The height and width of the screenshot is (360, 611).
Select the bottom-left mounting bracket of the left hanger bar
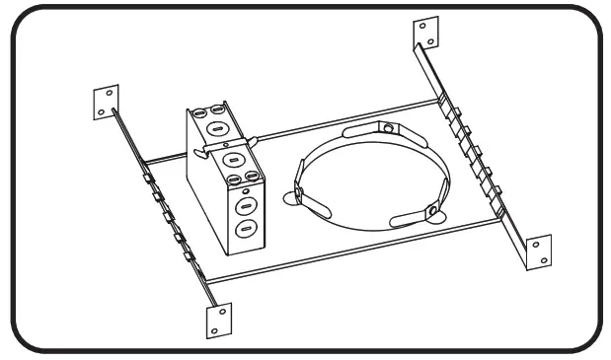tap(218, 318)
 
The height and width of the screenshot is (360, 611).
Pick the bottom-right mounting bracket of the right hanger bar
tap(538, 251)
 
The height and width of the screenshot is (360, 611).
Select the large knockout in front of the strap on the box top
tap(234, 160)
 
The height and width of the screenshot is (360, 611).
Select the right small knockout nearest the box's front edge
tap(252, 177)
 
